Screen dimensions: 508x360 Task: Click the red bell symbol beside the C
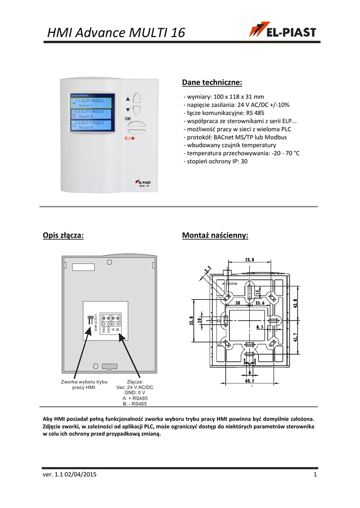pos(133,138)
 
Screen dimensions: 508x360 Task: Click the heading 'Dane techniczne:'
pos(212,82)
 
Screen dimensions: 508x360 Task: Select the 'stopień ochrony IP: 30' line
pos(216,161)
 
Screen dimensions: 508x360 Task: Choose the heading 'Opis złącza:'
pos(64,235)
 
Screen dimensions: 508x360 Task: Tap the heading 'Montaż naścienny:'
pos(215,235)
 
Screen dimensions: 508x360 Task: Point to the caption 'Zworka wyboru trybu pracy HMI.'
pos(84,384)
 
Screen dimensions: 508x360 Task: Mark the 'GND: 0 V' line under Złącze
pos(134,392)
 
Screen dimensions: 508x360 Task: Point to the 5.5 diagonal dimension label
pos(208,270)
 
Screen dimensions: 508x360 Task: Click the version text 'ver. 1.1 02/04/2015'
pos(70,476)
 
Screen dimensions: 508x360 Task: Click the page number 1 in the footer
pos(315,476)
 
